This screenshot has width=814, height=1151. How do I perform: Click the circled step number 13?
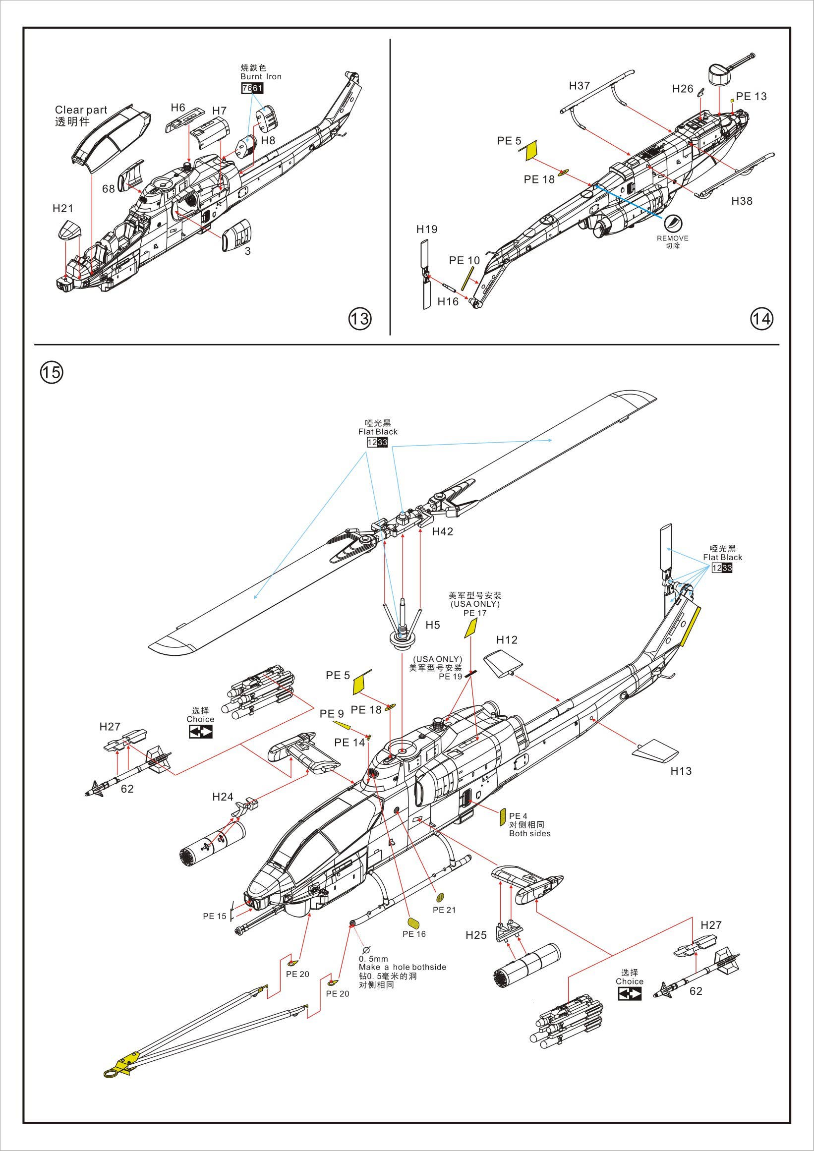coord(360,318)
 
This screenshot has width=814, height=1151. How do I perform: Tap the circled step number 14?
coord(761,318)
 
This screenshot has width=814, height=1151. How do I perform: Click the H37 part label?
coord(580,86)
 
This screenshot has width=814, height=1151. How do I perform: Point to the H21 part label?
coord(63,209)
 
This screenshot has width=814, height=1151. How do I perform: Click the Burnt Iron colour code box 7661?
coord(252,88)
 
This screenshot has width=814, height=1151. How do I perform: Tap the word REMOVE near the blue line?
coord(673,238)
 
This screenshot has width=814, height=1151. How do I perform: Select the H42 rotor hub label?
coord(443,531)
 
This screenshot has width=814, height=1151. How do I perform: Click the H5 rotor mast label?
coord(433,625)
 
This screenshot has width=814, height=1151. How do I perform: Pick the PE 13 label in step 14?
coord(751,96)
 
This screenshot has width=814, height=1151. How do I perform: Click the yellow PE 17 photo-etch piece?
coord(470,628)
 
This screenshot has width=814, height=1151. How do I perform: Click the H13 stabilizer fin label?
coord(681,770)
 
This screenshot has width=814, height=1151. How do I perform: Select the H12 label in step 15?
coord(507,639)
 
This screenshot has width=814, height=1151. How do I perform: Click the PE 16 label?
coord(413,934)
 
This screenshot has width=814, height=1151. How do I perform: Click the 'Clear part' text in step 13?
coord(81,110)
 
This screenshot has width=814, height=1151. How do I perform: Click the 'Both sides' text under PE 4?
coord(529,833)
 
